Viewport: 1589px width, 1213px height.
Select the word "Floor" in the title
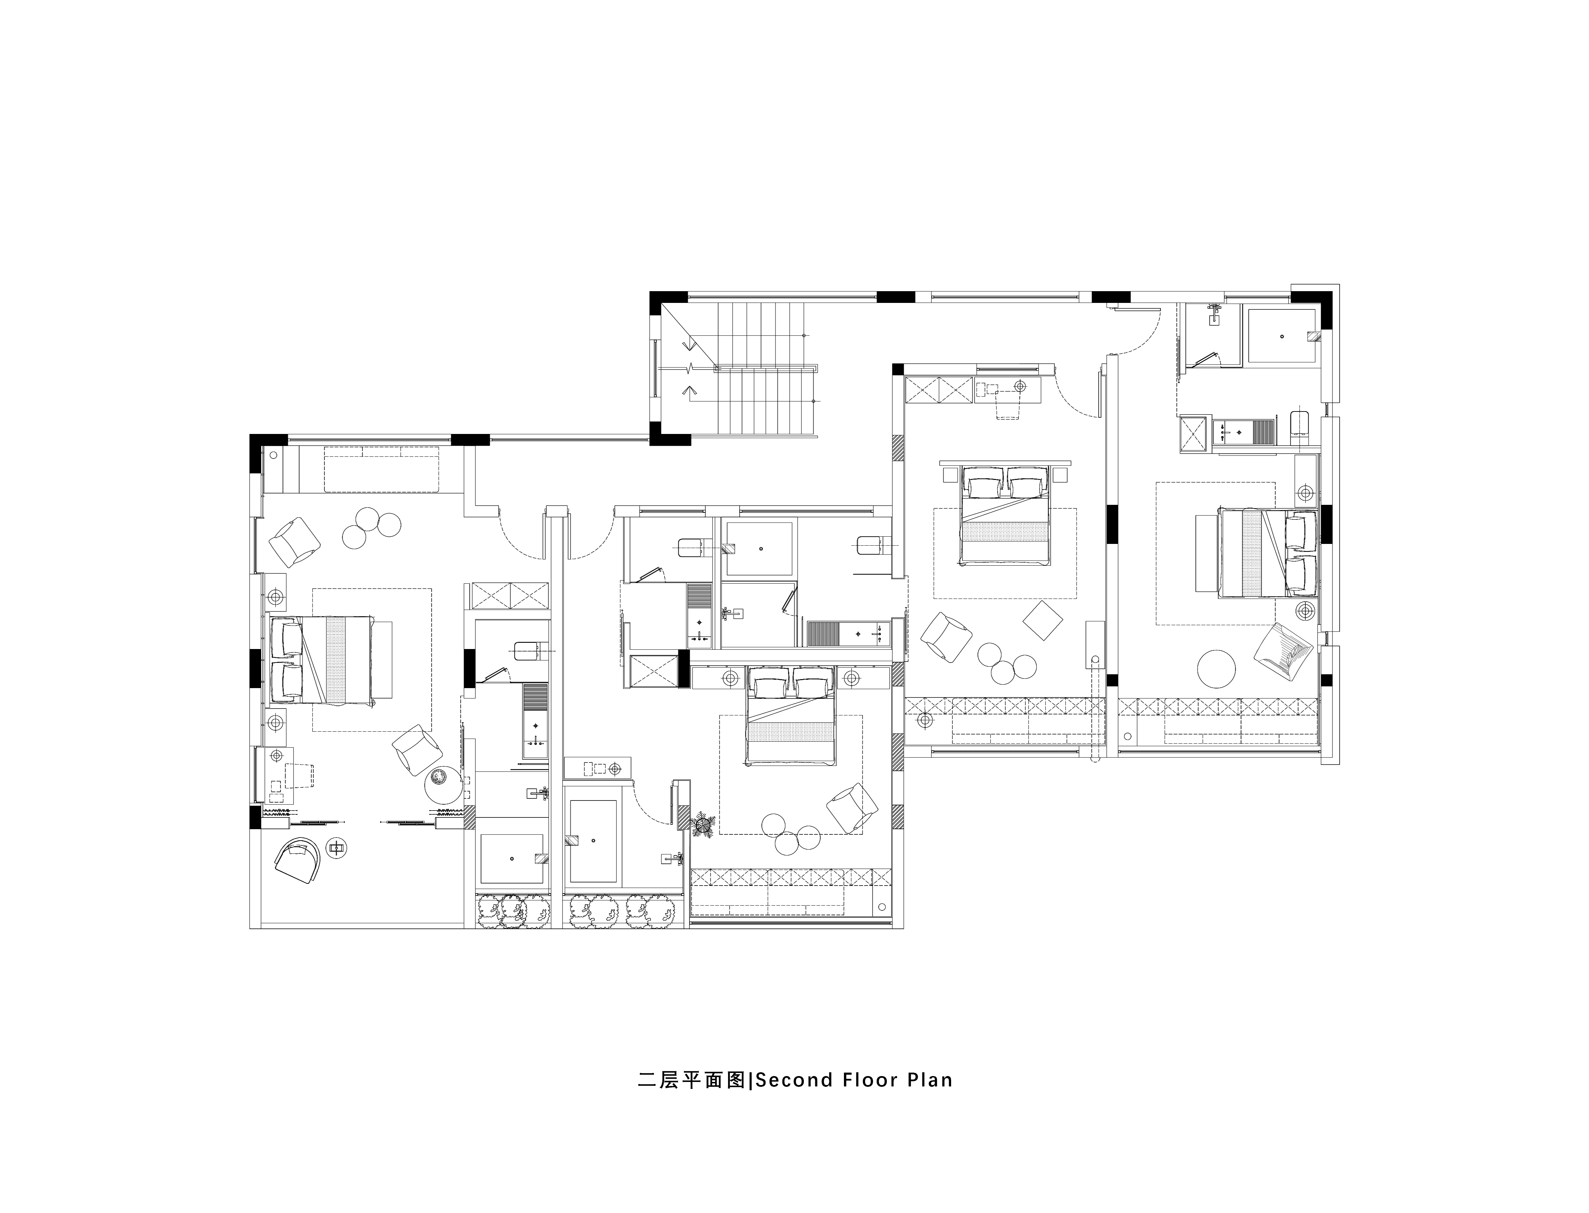[x=866, y=1100]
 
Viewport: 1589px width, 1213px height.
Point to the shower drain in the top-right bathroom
[x=1282, y=336]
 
